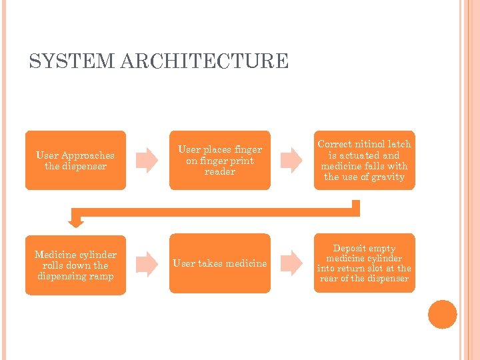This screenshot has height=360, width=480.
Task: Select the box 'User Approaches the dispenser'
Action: pyautogui.click(x=75, y=160)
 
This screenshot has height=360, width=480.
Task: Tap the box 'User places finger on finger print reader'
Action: pyautogui.click(x=219, y=160)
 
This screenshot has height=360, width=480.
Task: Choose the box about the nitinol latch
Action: pyautogui.click(x=364, y=160)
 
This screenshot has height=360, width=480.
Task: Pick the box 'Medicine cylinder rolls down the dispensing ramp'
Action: pyautogui.click(x=75, y=265)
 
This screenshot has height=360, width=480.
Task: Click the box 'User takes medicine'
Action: pyautogui.click(x=219, y=263)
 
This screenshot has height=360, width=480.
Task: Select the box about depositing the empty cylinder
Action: pyautogui.click(x=364, y=263)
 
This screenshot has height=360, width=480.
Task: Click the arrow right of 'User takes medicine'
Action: pyautogui.click(x=291, y=263)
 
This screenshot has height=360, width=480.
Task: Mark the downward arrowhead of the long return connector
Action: pyautogui.click(x=77, y=220)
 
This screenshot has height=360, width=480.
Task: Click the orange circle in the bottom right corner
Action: pyautogui.click(x=443, y=315)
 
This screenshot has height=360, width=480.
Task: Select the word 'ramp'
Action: pyautogui.click(x=103, y=276)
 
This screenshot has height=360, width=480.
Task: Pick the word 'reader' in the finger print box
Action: pyautogui.click(x=220, y=171)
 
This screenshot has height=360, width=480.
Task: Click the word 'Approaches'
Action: pyautogui.click(x=87, y=155)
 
